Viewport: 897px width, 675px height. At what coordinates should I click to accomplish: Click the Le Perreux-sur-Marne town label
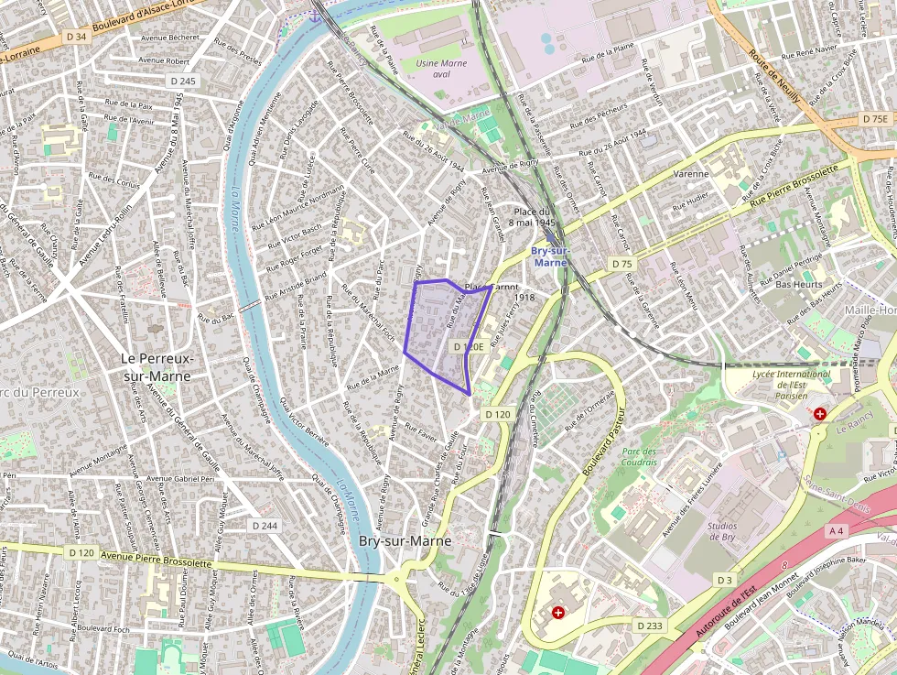(x=157, y=366)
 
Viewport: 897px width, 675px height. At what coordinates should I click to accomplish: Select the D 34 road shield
(x=76, y=37)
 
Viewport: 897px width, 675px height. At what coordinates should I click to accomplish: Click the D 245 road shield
(x=183, y=82)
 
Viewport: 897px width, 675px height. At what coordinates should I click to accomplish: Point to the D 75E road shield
(x=874, y=119)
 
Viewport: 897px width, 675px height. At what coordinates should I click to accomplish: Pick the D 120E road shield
(x=468, y=347)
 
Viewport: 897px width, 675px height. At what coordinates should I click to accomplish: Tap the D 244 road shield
(x=265, y=525)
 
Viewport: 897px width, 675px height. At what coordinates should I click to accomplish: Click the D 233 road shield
(x=649, y=625)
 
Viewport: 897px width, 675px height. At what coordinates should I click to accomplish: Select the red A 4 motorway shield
(x=836, y=530)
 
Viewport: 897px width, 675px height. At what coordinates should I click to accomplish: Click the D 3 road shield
(x=725, y=580)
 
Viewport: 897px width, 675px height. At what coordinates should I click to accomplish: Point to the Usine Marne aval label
(x=442, y=70)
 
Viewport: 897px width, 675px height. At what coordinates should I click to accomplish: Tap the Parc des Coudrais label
(x=639, y=457)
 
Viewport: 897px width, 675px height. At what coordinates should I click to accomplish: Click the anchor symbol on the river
(x=316, y=15)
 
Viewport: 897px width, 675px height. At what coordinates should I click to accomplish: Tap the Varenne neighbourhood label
(x=691, y=173)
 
